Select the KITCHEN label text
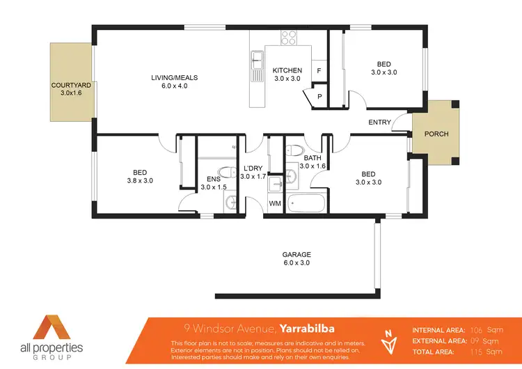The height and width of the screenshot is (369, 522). point(287,70)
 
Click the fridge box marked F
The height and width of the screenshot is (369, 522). point(319,71)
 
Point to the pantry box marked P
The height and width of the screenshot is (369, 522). point(319,97)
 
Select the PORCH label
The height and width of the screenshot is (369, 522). point(436,134)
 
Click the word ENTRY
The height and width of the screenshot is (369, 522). point(380,123)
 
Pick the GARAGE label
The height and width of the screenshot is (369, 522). point(296,255)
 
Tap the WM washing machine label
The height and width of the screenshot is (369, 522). point(276,204)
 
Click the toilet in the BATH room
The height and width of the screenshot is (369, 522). point(295,151)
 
